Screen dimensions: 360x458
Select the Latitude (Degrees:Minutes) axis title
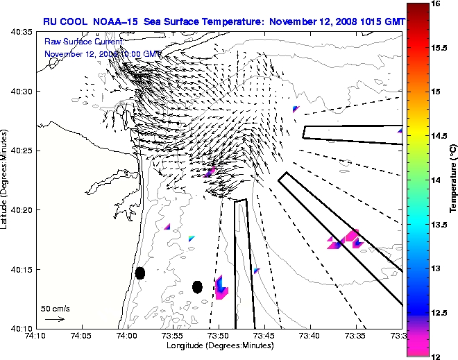pos(6,180)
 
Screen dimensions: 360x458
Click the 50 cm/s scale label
pos(56,308)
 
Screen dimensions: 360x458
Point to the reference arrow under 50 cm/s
pos(55,319)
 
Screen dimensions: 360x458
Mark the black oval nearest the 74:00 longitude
pos(140,273)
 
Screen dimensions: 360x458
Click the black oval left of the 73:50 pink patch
pos(197,286)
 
